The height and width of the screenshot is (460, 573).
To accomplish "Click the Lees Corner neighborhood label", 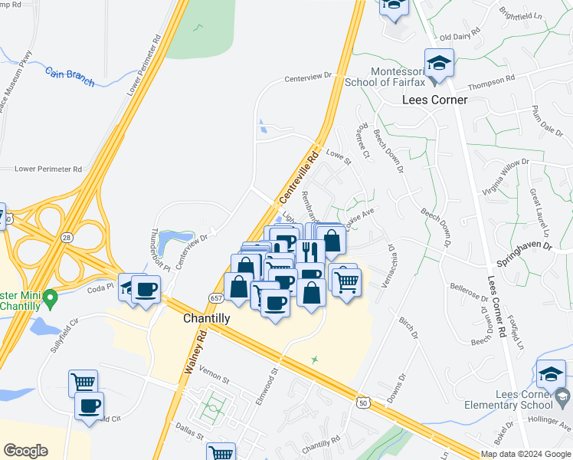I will point(434,100).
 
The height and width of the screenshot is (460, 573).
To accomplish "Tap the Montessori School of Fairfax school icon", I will point(440,63).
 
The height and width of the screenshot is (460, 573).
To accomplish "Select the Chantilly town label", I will point(208,317).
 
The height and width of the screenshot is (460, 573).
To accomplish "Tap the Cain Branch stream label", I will point(69,74).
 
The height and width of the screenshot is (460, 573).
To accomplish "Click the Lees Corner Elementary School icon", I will point(551,374).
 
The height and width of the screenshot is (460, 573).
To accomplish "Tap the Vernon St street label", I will point(214,379).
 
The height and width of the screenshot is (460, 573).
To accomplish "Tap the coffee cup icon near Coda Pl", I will point(145,290).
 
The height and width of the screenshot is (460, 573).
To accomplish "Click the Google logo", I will point(25,451).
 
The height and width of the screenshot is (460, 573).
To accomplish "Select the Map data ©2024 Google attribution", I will point(526,454).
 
